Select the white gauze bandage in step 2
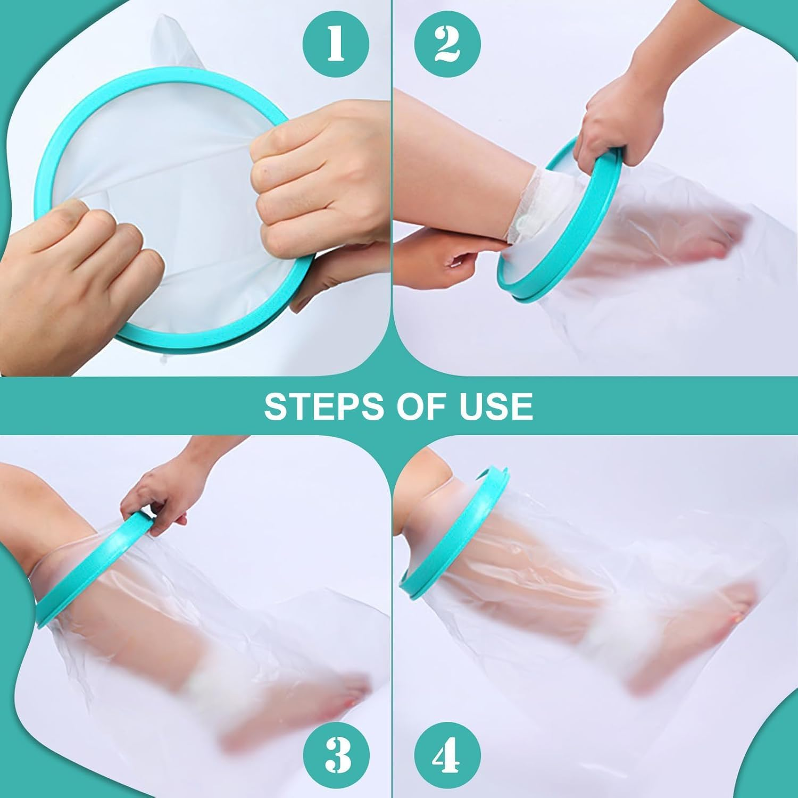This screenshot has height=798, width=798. tap(527, 202)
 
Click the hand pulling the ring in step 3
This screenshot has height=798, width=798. tap(160, 492)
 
